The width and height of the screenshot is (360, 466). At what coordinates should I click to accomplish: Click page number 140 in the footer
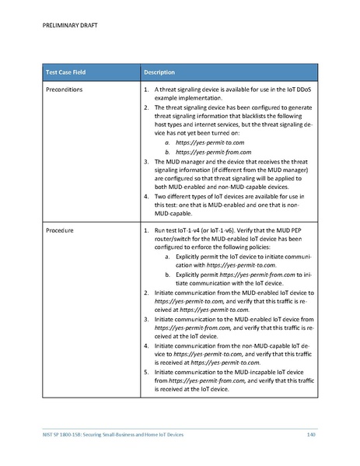[x=312, y=433]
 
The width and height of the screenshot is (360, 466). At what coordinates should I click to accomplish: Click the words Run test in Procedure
[x=167, y=231]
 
